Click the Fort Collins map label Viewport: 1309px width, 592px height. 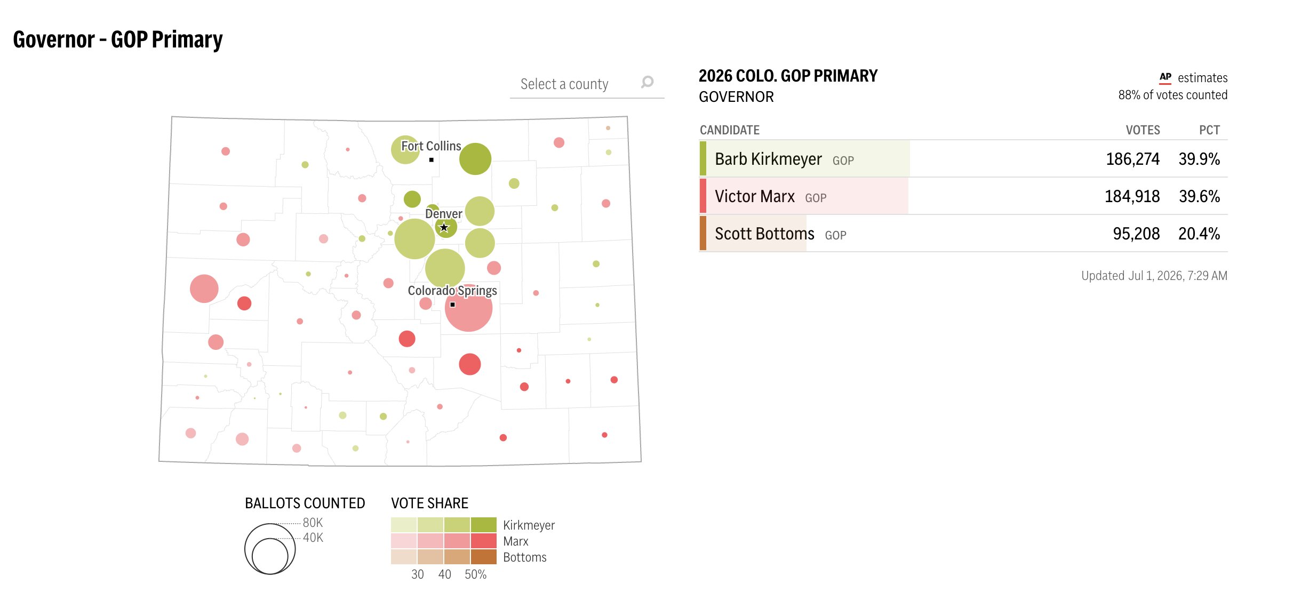pyautogui.click(x=431, y=146)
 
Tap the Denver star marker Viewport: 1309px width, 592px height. pyautogui.click(x=444, y=228)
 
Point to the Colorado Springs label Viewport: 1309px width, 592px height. pyautogui.click(x=452, y=291)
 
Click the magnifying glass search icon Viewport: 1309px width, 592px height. pyautogui.click(x=647, y=82)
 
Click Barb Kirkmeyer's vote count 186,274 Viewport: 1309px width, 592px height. pyautogui.click(x=1132, y=159)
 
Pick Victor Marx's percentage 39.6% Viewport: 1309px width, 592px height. pyautogui.click(x=1199, y=196)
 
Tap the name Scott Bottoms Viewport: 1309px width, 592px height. pyautogui.click(x=764, y=234)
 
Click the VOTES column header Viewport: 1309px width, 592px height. pyautogui.click(x=1143, y=130)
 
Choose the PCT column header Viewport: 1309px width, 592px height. pyautogui.click(x=1209, y=130)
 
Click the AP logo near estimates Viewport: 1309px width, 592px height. pyautogui.click(x=1166, y=78)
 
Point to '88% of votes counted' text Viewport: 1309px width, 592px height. pyautogui.click(x=1173, y=95)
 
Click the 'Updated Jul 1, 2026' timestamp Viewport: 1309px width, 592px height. pyautogui.click(x=1154, y=276)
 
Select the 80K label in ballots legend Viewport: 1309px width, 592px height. pyautogui.click(x=313, y=523)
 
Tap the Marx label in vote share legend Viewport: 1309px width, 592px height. pyautogui.click(x=516, y=541)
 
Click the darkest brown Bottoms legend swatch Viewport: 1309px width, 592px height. pyautogui.click(x=484, y=557)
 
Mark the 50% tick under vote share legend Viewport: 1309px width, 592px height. pyautogui.click(x=475, y=574)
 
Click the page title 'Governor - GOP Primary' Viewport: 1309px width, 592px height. pyautogui.click(x=118, y=40)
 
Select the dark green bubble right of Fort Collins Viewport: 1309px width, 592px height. pyautogui.click(x=475, y=159)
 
